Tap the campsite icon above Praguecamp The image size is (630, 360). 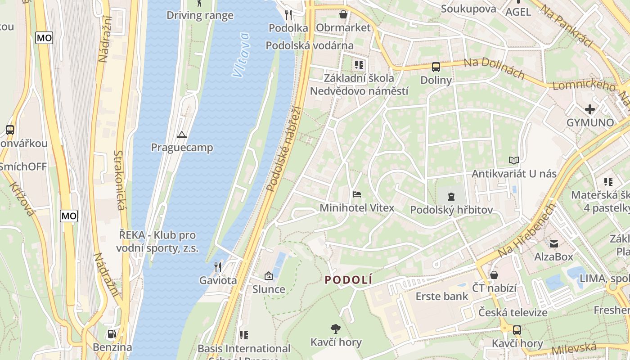tap(182, 135)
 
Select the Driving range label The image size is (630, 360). tap(200, 15)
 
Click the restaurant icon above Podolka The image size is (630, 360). tap(288, 15)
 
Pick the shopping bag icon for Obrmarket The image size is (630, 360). tap(343, 14)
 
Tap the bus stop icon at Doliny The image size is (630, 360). tap(436, 67)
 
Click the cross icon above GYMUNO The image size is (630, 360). tap(589, 109)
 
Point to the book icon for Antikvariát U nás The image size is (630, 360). tap(514, 160)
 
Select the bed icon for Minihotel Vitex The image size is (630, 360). tap(357, 194)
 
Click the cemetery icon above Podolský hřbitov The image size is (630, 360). tap(451, 196)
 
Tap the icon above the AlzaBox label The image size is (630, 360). tap(553, 243)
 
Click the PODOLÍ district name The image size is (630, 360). tap(349, 280)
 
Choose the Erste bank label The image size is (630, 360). tap(441, 296)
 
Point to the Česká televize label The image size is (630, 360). tap(513, 312)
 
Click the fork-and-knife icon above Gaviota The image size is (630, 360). tap(218, 267)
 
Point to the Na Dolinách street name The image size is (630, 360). tap(494, 68)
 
